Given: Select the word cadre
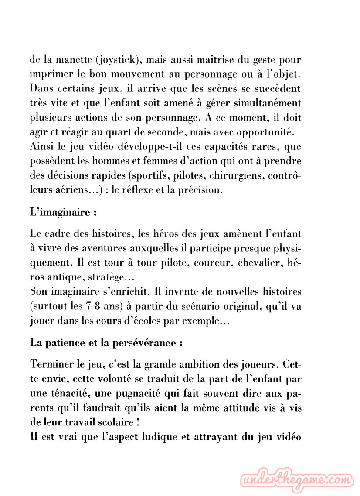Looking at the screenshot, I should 61,234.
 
